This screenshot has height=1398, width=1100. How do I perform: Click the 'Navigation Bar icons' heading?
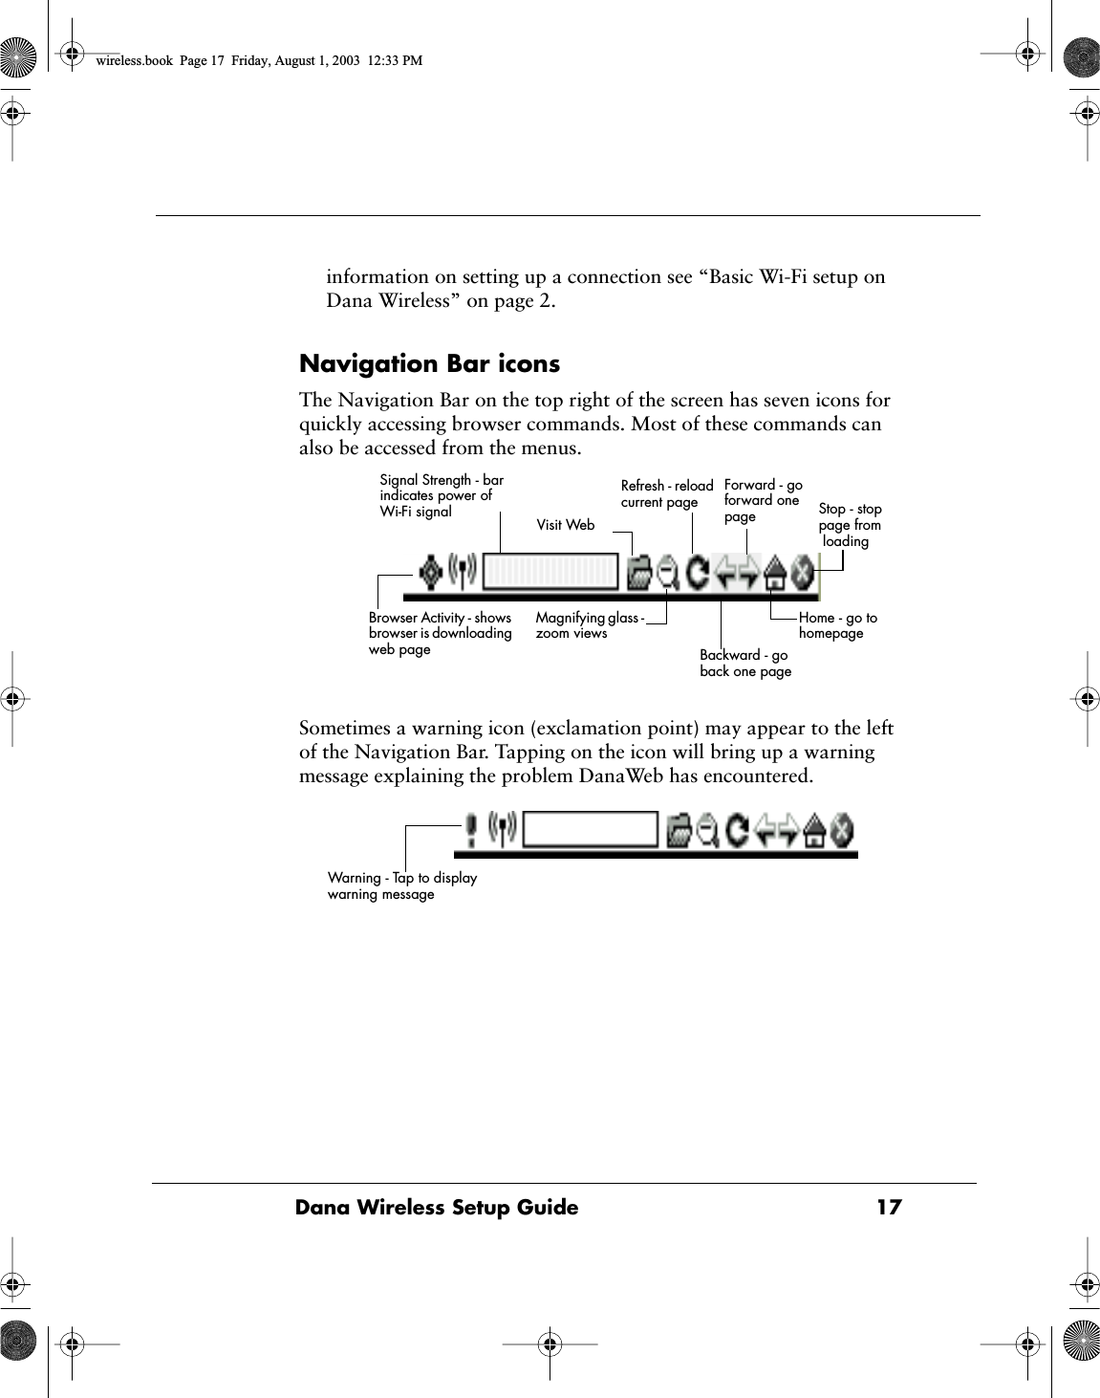(x=429, y=364)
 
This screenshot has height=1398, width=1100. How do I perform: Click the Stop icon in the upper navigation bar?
(x=803, y=575)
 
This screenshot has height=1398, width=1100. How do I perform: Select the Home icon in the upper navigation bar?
(x=775, y=575)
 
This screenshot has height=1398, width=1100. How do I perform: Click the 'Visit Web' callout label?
(x=565, y=525)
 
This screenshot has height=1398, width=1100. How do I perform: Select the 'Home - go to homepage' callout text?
(x=837, y=625)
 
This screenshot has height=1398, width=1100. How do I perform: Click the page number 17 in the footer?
(x=889, y=1208)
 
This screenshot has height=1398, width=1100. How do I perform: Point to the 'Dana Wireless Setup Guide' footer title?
(x=437, y=1208)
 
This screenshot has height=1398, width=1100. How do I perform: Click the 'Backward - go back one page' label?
(x=744, y=663)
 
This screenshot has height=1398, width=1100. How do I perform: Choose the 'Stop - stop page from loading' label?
(x=849, y=525)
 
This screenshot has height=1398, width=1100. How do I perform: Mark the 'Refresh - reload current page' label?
(x=666, y=493)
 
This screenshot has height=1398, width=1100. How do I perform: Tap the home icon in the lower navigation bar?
(x=814, y=831)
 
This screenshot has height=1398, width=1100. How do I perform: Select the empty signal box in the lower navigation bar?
(x=592, y=829)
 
